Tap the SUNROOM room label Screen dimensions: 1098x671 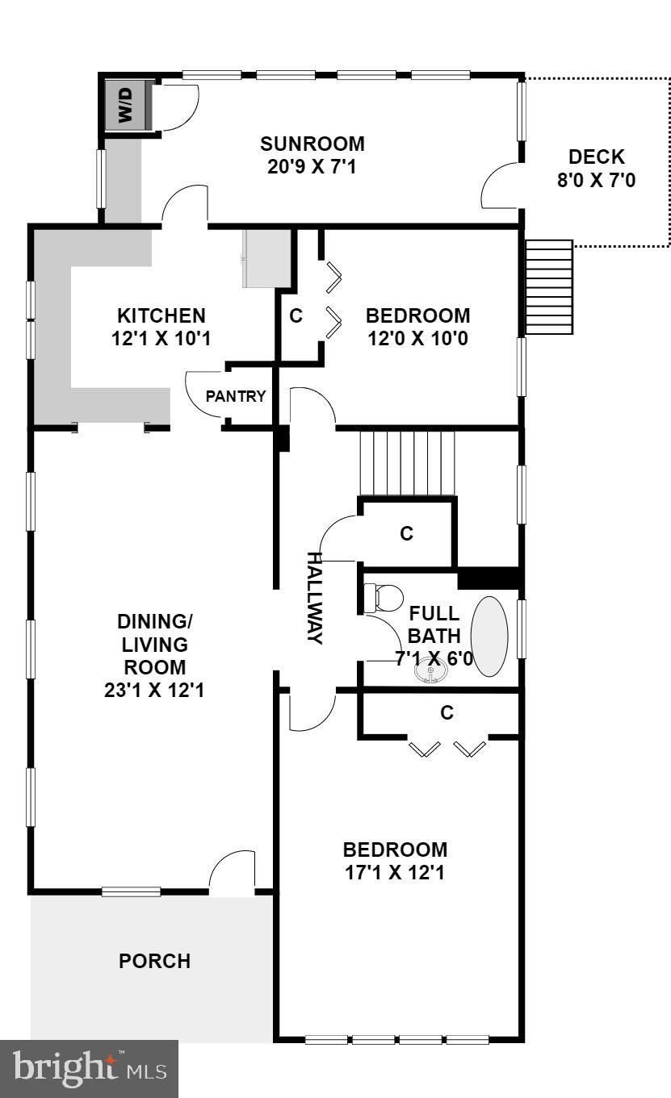pos(312,144)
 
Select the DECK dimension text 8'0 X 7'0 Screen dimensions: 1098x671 pos(596,180)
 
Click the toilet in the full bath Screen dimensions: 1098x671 pos(383,598)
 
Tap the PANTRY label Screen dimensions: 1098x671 pos(236,396)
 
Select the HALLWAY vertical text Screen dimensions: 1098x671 pos(314,598)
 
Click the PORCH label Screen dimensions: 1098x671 pos(154,961)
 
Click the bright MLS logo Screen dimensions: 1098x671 pos(89,1069)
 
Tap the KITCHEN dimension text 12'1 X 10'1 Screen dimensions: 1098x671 pos(161,337)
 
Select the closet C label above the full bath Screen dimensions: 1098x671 pos(407,533)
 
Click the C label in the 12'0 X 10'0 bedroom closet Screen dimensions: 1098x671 pos(296,316)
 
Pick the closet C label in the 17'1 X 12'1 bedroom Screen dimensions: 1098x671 pos(447,713)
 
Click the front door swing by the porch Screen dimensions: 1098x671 pos(233,871)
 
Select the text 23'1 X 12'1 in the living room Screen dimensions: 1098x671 pos(153,691)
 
